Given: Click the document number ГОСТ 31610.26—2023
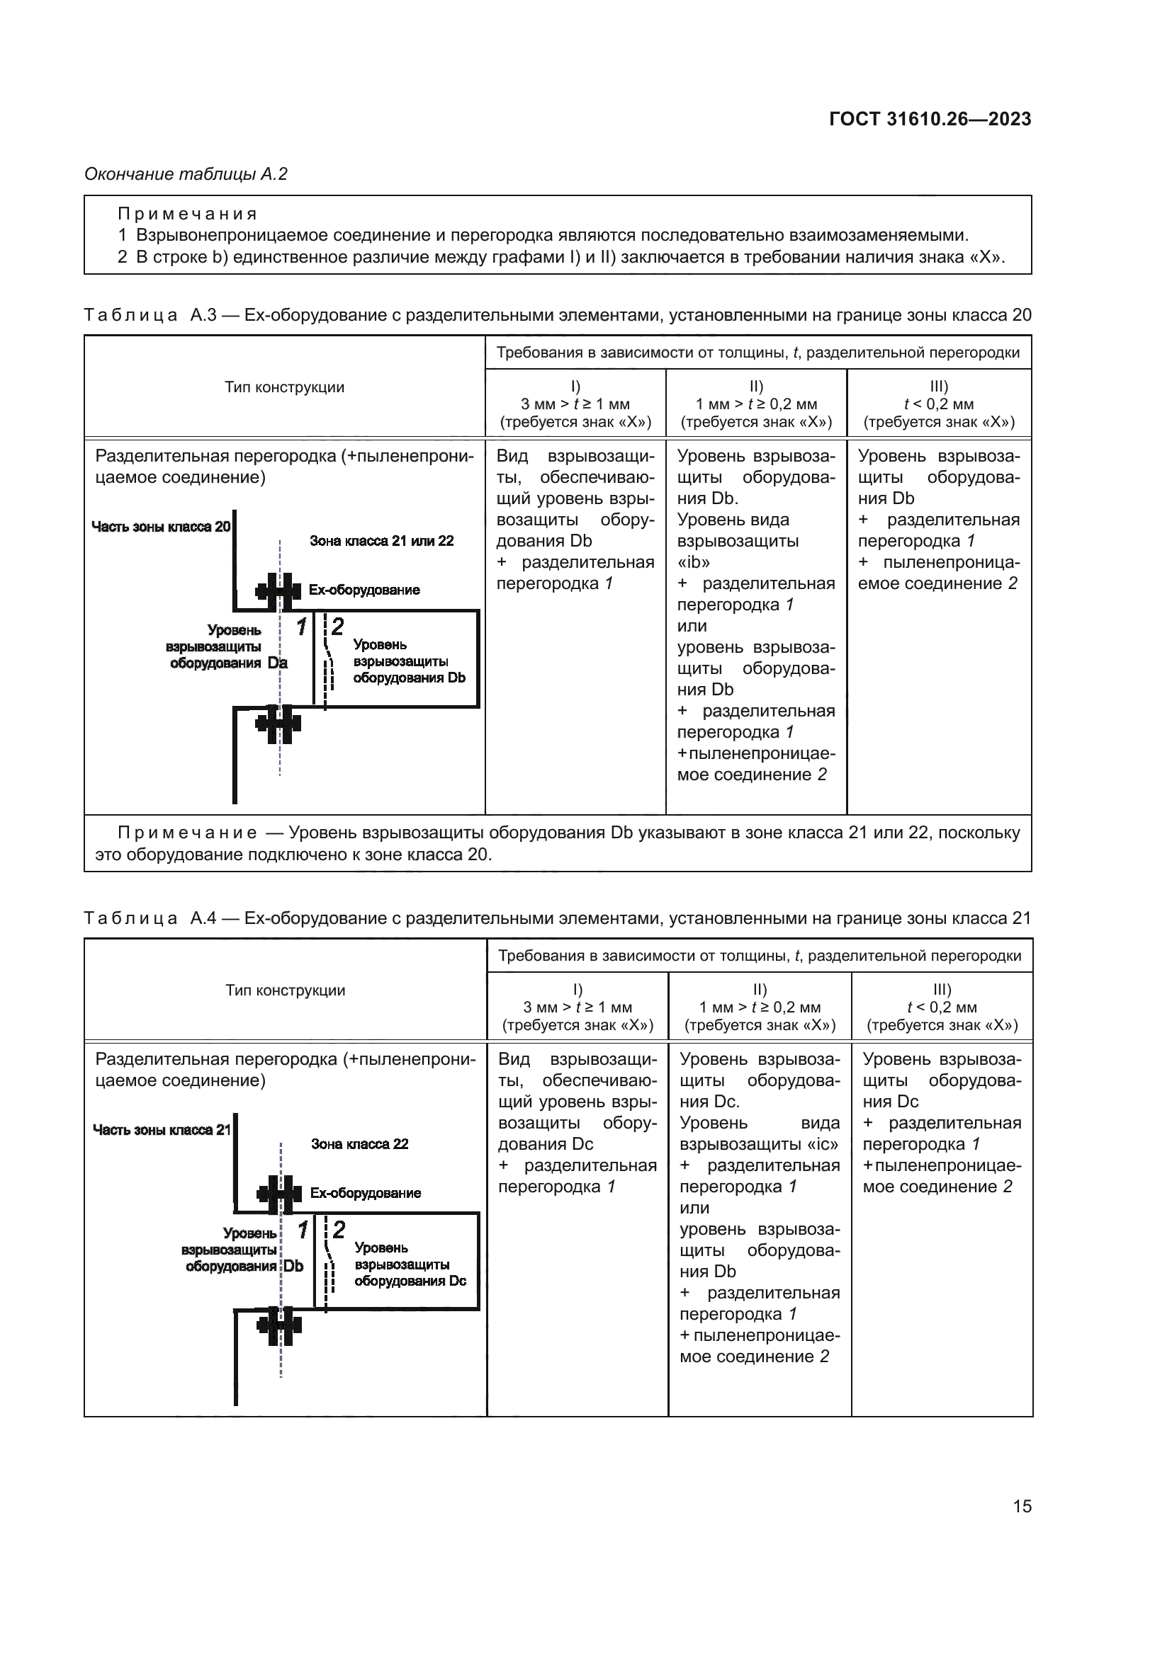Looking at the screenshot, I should (x=930, y=120).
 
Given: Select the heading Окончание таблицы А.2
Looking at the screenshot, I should (x=186, y=174).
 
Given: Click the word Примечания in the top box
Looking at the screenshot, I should (x=188, y=215).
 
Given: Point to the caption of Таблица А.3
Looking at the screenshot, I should (x=557, y=315).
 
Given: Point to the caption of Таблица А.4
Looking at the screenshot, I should (x=557, y=918).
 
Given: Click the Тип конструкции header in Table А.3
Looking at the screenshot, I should (x=284, y=387).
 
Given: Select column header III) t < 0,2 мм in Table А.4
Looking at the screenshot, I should (x=942, y=1007).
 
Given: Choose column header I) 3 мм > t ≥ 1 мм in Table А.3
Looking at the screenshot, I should (x=575, y=404).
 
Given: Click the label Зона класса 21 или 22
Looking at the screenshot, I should (x=381, y=541).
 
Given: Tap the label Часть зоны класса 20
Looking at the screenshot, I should (x=160, y=527).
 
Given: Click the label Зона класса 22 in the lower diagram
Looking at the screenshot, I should (x=359, y=1144).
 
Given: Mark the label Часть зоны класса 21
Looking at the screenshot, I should (x=161, y=1129).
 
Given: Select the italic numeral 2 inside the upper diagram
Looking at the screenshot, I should (x=338, y=626).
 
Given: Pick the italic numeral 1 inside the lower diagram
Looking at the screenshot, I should (x=303, y=1230).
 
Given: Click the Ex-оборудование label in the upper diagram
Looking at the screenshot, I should (x=364, y=590).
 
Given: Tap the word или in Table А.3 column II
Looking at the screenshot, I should (x=692, y=626).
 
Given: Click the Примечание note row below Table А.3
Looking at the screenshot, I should (x=557, y=843).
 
